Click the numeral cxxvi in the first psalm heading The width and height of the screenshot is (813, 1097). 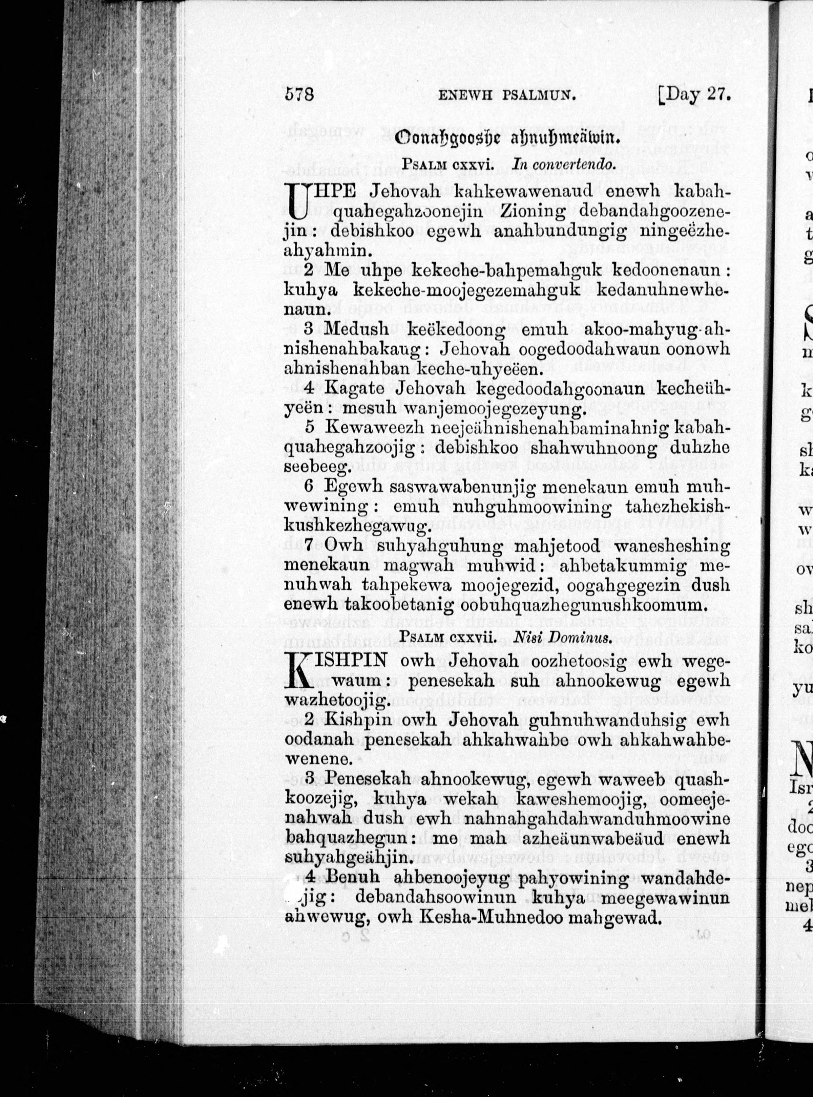[474, 165]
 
